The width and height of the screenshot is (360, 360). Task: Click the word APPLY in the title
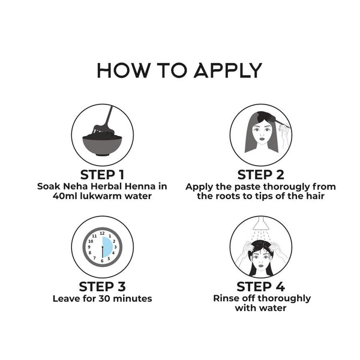(228, 70)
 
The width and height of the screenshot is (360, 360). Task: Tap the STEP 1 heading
(102, 175)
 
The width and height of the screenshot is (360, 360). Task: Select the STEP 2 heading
(260, 175)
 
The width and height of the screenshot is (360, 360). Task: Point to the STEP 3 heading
(102, 287)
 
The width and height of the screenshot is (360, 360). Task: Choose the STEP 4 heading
(260, 287)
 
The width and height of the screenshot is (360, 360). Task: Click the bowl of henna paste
(102, 145)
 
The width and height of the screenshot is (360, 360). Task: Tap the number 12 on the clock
(102, 233)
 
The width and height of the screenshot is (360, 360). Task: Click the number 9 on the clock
(89, 247)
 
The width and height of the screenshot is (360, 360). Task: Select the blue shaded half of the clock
(107, 247)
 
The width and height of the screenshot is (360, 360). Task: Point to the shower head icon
(261, 223)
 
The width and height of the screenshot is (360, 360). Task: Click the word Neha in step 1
(75, 186)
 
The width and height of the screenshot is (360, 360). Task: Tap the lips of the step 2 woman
(261, 139)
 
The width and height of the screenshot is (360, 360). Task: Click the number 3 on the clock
(115, 247)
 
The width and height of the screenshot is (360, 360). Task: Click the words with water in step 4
(260, 308)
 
